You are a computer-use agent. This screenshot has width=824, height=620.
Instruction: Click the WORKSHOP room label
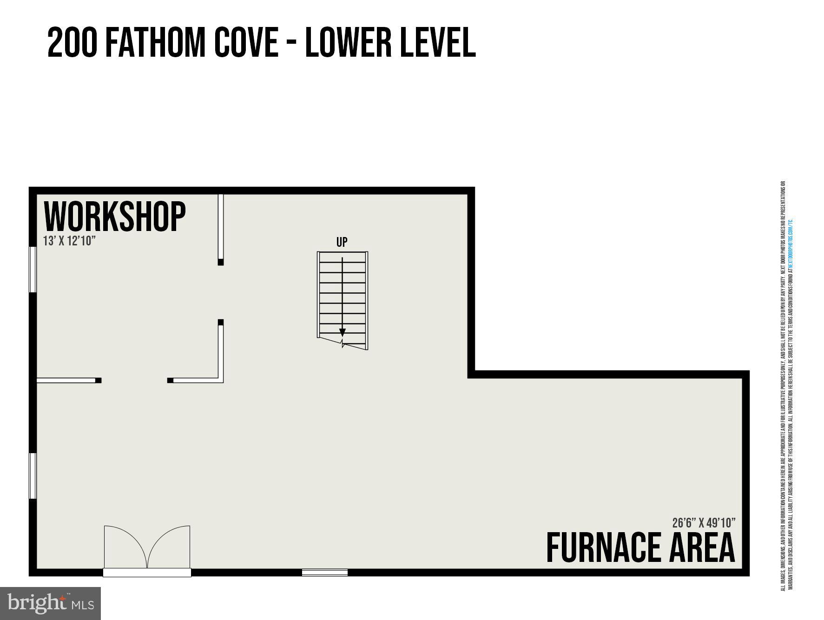114,217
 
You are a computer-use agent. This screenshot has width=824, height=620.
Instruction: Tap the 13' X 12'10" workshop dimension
69,241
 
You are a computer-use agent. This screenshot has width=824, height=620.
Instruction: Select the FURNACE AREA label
640,548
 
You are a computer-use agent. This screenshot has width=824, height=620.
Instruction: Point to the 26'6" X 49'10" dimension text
704,523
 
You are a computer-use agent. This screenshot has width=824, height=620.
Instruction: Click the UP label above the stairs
342,242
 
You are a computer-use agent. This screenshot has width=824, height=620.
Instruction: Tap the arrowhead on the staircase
343,333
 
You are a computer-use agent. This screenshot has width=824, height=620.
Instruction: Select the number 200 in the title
72,43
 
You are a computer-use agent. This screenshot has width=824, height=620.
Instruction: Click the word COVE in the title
245,43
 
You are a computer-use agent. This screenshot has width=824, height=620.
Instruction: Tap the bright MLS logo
50,603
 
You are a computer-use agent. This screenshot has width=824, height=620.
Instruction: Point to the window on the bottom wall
325,573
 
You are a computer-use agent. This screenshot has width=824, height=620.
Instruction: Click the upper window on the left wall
33,270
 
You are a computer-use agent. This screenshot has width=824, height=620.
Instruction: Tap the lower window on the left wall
33,476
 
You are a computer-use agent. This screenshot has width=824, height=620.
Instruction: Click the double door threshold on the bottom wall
147,573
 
